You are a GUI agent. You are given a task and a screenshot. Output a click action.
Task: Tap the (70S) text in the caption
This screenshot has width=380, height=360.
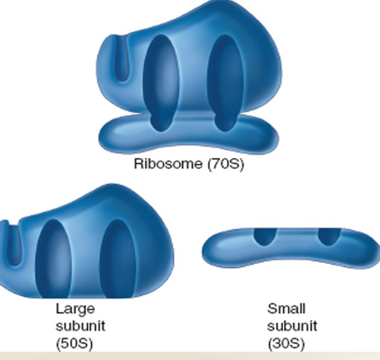[x=225, y=164]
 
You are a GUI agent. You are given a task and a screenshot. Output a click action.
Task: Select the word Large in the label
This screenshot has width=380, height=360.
[x=75, y=308]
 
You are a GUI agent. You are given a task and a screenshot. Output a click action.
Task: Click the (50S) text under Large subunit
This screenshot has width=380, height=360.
[x=75, y=344]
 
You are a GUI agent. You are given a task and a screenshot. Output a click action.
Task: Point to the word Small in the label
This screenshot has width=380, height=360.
[x=286, y=308]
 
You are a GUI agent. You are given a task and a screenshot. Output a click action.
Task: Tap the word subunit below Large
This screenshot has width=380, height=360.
[x=80, y=326]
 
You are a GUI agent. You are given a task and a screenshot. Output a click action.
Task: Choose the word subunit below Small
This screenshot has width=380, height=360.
[x=292, y=326]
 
